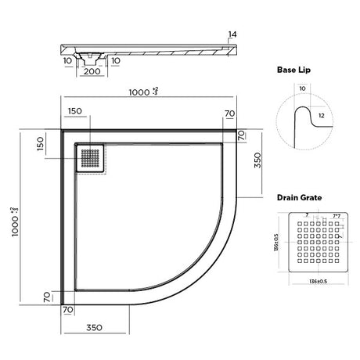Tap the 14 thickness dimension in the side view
click(232, 35)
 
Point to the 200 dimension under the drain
click(93, 70)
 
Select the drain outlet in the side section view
click(92, 54)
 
